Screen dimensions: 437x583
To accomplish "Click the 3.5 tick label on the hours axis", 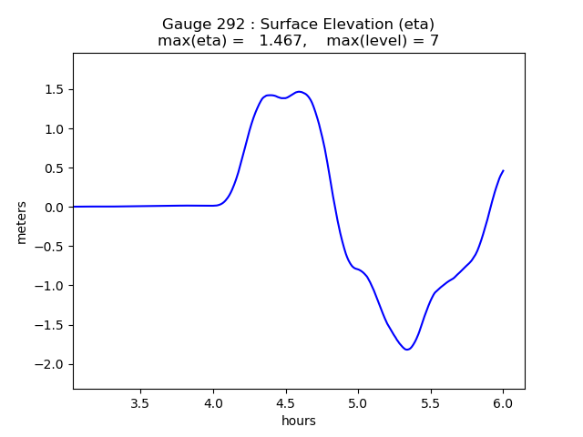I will (140, 402).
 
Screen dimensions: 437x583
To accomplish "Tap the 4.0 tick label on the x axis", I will (213, 402).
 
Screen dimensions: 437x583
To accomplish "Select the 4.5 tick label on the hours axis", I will (285, 402).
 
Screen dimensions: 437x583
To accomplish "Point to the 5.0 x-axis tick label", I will (358, 402).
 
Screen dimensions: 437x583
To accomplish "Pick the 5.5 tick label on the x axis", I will (430, 402).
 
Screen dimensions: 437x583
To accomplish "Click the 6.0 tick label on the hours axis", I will (503, 402).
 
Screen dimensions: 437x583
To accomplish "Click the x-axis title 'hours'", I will (299, 421).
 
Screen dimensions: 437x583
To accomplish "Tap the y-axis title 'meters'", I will (22, 222).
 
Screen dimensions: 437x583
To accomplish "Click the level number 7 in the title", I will (435, 41).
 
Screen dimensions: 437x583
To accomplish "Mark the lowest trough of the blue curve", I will (407, 350).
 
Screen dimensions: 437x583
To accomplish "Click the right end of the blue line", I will (503, 170).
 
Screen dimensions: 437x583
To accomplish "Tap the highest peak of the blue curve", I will (300, 92).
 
